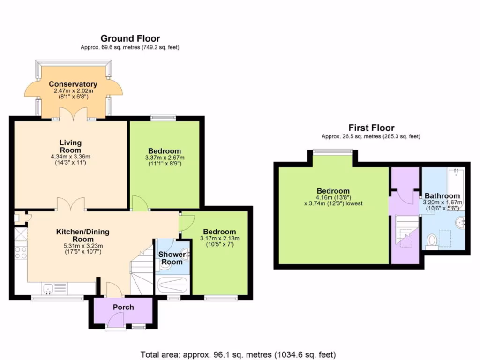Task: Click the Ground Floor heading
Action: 130,38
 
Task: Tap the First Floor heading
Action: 371,127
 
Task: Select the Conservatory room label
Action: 73,84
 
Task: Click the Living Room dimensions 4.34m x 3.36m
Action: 70,157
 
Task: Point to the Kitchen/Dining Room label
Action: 82,235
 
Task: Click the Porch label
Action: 123,307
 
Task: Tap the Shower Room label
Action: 172,258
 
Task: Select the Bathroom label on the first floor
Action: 442,196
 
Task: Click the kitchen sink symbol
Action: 48,289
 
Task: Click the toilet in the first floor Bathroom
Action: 432,240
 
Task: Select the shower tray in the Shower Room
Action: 172,285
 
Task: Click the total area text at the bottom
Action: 238,355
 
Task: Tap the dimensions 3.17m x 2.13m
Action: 219,238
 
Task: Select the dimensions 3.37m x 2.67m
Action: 165,157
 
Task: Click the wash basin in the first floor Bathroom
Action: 460,222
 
